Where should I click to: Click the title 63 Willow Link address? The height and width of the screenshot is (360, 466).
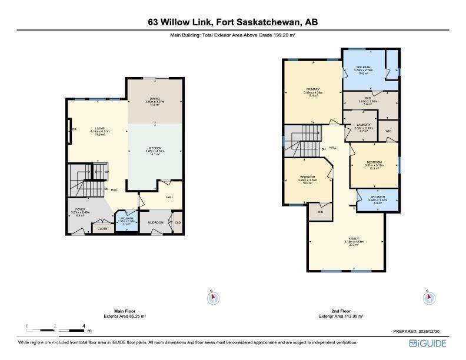click(233, 22)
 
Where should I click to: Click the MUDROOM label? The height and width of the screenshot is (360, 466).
click(155, 222)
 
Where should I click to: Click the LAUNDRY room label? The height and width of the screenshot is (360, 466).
click(363, 125)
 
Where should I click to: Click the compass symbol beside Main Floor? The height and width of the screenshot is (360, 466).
click(213, 298)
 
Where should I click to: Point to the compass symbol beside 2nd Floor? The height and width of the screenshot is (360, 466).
click(429, 298)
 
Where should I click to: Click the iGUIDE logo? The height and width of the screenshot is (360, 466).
click(428, 344)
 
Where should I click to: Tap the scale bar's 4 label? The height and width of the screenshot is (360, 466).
click(84, 325)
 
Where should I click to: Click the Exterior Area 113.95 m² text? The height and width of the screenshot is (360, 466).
click(341, 316)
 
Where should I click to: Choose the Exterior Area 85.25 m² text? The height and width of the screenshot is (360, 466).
click(125, 316)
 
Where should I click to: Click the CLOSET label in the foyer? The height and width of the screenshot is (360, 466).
click(103, 228)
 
